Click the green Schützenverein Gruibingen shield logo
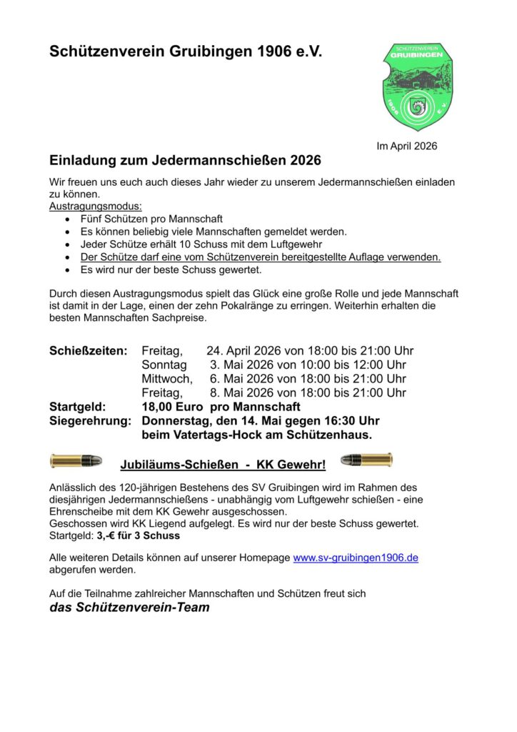pyautogui.click(x=417, y=86)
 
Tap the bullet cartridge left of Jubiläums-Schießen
pyautogui.click(x=76, y=460)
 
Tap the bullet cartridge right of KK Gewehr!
pyautogui.click(x=366, y=459)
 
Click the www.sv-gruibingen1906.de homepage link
pyautogui.click(x=356, y=558)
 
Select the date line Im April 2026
pyautogui.click(x=406, y=147)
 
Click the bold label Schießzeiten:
pyautogui.click(x=88, y=351)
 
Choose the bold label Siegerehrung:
pyautogui.click(x=90, y=420)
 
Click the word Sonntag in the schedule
pyautogui.click(x=164, y=365)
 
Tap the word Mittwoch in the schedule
pyautogui.click(x=166, y=379)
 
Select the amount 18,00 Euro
pyautogui.click(x=171, y=407)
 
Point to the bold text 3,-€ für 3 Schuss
pyautogui.click(x=139, y=535)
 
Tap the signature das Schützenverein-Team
pyautogui.click(x=129, y=608)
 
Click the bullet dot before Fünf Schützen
pyautogui.click(x=67, y=219)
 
